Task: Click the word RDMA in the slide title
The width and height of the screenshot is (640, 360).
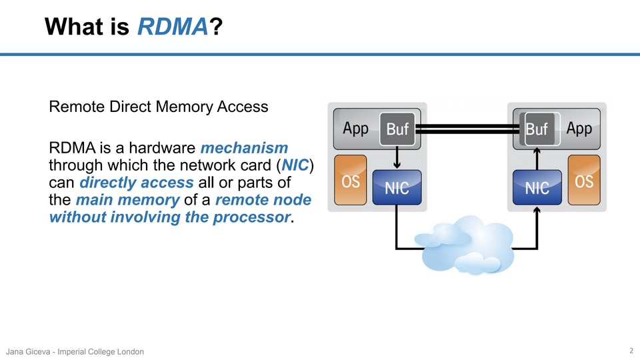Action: (x=173, y=27)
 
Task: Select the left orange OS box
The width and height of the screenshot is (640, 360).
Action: (x=350, y=181)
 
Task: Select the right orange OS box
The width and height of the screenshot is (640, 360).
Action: (x=584, y=181)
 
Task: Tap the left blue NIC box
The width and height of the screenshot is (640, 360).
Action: (x=397, y=187)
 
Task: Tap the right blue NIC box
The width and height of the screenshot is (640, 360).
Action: (x=537, y=187)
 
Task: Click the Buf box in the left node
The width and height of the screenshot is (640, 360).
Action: (x=397, y=129)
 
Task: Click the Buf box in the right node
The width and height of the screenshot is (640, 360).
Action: (x=537, y=129)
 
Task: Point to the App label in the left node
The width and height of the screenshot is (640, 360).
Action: (x=355, y=129)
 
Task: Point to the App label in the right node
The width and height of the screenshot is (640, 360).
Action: (x=579, y=129)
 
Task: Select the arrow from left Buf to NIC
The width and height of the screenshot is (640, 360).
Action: (x=397, y=157)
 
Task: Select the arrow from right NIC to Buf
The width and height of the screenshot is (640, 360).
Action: (x=537, y=157)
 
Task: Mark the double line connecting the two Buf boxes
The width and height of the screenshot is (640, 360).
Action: (x=467, y=129)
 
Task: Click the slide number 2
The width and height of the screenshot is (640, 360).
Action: (x=631, y=351)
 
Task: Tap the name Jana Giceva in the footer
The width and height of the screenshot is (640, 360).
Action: (x=30, y=351)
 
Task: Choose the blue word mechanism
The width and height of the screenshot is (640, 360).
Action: (x=244, y=147)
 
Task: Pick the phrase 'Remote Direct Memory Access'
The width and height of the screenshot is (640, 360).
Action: (x=159, y=107)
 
